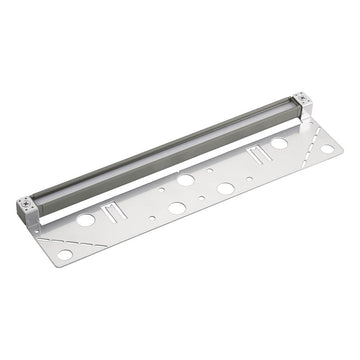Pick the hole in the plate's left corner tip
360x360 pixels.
click(x=64, y=256)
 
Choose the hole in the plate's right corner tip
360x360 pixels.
click(x=327, y=149)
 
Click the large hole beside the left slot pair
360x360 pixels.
click(x=87, y=219)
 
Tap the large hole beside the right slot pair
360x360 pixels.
click(x=279, y=144)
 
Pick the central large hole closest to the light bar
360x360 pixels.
click(x=186, y=180)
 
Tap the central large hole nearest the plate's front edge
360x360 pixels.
click(x=177, y=208)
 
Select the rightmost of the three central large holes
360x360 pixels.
click(x=226, y=187)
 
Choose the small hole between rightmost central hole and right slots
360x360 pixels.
click(x=243, y=177)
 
